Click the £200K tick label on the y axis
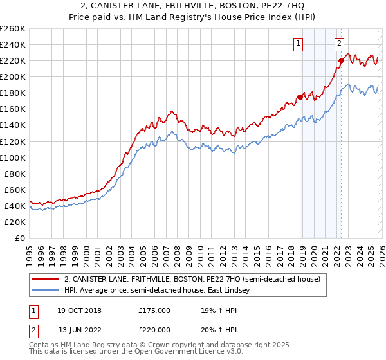(x=13, y=76)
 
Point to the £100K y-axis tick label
(x=13, y=157)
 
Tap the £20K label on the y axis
(x=15, y=222)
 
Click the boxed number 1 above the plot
(x=299, y=44)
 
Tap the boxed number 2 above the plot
(x=339, y=44)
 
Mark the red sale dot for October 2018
(x=300, y=97)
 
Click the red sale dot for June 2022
(x=341, y=60)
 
